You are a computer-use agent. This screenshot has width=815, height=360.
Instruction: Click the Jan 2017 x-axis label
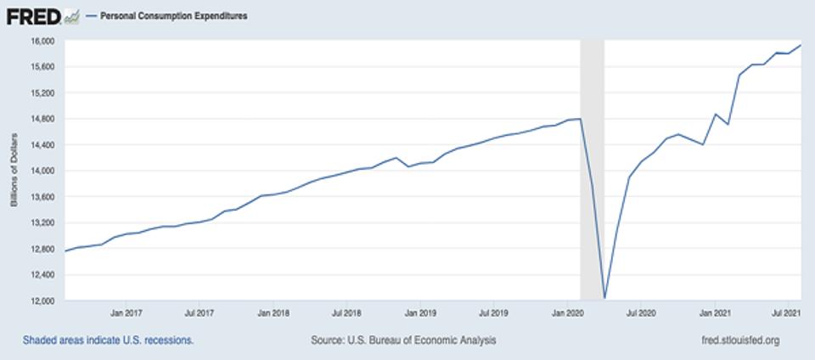[x=126, y=312]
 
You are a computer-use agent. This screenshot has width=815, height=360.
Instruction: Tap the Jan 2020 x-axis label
[x=567, y=312]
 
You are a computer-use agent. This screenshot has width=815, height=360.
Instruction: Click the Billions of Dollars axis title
[x=14, y=171]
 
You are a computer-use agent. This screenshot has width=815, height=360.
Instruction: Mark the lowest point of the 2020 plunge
[x=604, y=298]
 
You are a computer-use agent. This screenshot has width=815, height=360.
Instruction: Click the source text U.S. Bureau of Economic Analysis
[x=404, y=340]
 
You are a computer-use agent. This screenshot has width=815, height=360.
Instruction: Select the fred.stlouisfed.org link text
[x=736, y=340]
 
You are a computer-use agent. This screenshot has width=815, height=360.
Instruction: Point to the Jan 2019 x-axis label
[x=420, y=312]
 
